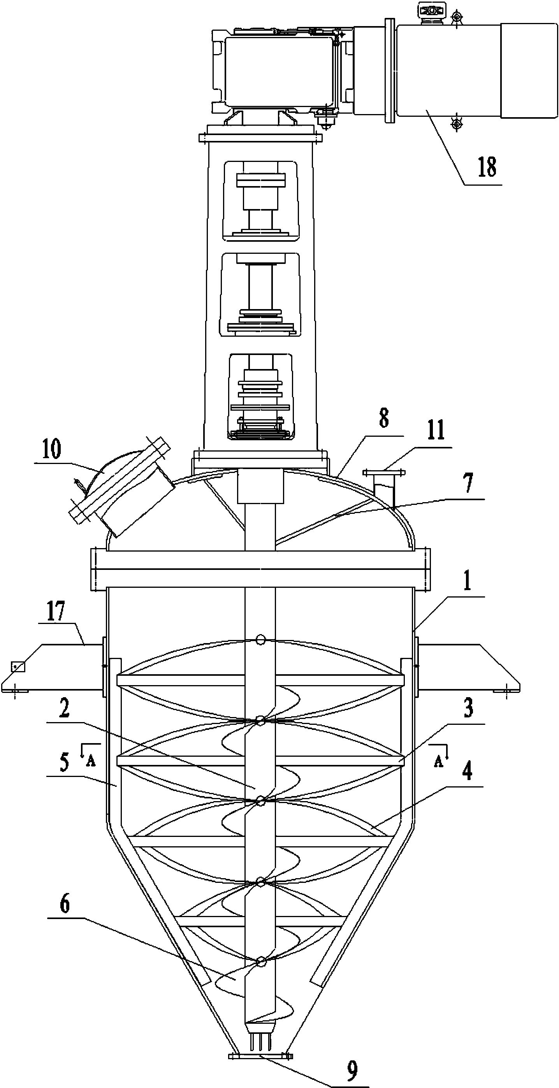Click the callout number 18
coord(487,167)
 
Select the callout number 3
coord(468,708)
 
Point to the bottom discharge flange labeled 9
coord(260,1041)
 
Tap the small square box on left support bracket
coord(18,667)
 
